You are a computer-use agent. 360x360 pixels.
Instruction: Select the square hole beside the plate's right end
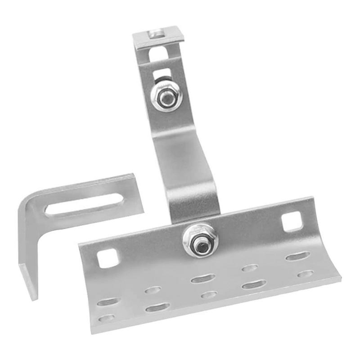click(292, 222)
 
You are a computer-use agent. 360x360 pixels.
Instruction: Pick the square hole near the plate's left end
click(108, 258)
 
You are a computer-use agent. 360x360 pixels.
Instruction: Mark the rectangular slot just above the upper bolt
click(162, 73)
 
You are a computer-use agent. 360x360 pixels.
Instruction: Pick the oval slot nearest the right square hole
click(297, 256)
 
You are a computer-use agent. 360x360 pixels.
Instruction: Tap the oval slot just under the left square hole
click(153, 290)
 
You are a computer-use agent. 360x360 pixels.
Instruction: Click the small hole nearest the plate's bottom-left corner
click(106, 318)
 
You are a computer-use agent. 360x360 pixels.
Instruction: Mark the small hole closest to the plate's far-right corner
click(306, 274)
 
